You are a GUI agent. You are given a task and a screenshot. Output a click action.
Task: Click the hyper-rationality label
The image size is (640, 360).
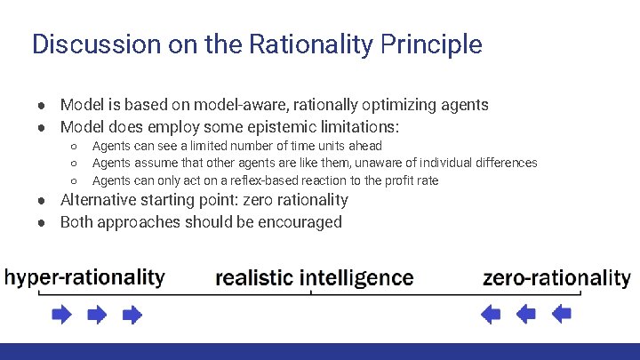(x=85, y=277)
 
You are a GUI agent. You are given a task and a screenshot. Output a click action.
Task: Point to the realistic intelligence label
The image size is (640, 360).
(x=315, y=278)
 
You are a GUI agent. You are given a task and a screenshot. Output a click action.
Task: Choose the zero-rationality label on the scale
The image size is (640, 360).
(x=556, y=278)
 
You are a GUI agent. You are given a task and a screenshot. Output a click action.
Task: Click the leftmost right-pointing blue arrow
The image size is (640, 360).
(x=62, y=314)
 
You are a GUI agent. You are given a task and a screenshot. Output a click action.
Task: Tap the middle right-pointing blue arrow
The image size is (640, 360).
(x=97, y=314)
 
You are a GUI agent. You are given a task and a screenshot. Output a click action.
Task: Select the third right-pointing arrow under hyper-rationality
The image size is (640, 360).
(x=132, y=314)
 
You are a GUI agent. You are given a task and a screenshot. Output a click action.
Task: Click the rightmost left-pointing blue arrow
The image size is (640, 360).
(x=561, y=314)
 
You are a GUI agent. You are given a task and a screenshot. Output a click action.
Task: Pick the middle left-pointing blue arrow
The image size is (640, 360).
(x=526, y=314)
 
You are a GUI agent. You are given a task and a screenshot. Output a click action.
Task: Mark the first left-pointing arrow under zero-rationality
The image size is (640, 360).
(x=491, y=314)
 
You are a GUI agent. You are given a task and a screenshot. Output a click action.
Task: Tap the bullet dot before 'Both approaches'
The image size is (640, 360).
(x=42, y=222)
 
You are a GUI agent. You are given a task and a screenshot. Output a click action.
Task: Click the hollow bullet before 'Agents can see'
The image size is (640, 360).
(x=74, y=146)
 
